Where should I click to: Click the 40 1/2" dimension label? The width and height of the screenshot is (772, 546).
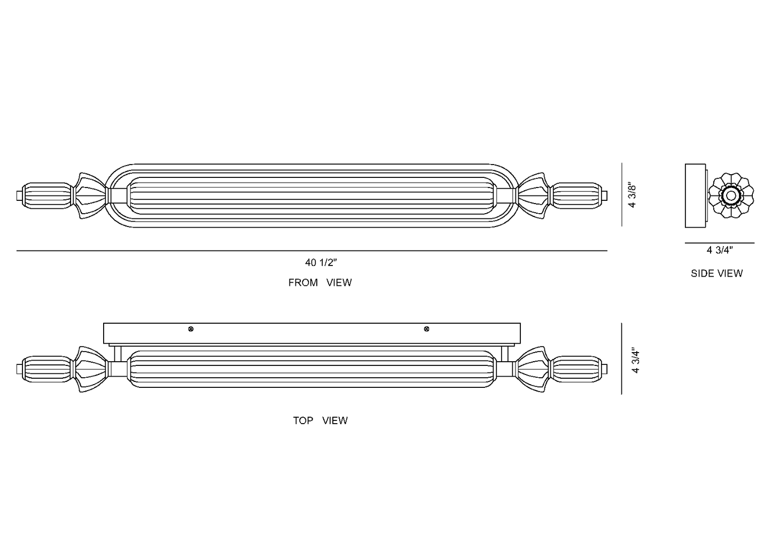point(321,262)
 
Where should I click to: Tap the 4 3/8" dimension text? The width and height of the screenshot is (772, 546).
point(633,196)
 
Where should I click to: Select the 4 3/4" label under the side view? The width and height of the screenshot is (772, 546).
point(719,250)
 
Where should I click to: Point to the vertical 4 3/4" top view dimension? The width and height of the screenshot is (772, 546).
point(635,361)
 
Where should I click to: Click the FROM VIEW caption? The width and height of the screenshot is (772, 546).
point(319,283)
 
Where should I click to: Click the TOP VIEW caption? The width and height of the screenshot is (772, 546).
point(319,420)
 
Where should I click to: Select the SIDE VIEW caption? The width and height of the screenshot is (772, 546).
point(716,274)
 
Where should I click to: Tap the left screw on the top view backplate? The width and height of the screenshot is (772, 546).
point(191,329)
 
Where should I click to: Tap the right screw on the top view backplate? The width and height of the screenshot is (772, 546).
point(426,329)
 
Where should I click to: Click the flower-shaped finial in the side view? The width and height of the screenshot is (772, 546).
point(731,196)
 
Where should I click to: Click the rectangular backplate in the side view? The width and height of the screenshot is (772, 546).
point(695,196)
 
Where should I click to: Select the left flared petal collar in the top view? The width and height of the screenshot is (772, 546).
point(91,369)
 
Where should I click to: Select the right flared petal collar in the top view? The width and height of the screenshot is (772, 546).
point(533,369)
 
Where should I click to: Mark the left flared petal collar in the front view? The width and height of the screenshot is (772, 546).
point(91,195)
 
